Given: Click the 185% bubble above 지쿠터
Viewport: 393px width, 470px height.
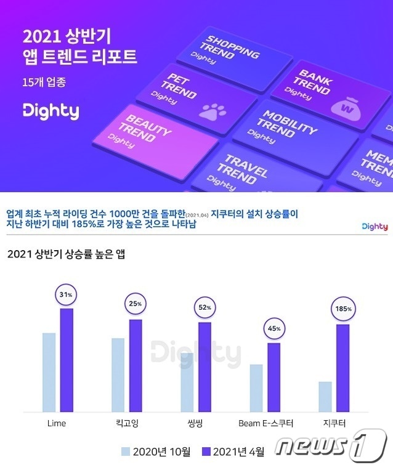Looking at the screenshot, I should [x=344, y=309].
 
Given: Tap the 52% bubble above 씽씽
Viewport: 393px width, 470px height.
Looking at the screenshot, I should [x=205, y=307].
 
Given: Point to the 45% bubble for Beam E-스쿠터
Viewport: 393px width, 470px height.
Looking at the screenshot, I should [x=274, y=328].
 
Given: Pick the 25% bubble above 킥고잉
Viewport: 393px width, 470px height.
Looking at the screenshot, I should [x=136, y=304].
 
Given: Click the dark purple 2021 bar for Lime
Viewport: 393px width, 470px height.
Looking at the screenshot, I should [x=67, y=360].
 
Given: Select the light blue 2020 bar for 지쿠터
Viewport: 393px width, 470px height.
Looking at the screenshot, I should [x=325, y=397].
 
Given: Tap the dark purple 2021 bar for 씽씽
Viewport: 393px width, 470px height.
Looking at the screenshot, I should [x=205, y=367].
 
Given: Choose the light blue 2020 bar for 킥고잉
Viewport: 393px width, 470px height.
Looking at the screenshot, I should [x=118, y=375].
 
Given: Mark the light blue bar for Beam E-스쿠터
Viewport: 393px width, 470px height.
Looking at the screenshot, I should [x=256, y=388].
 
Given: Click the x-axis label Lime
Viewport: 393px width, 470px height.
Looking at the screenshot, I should [x=57, y=424].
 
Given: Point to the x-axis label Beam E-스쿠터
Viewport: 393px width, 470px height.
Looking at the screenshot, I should [x=265, y=424].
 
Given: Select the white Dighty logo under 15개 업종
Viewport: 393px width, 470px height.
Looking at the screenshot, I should [x=51, y=111].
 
